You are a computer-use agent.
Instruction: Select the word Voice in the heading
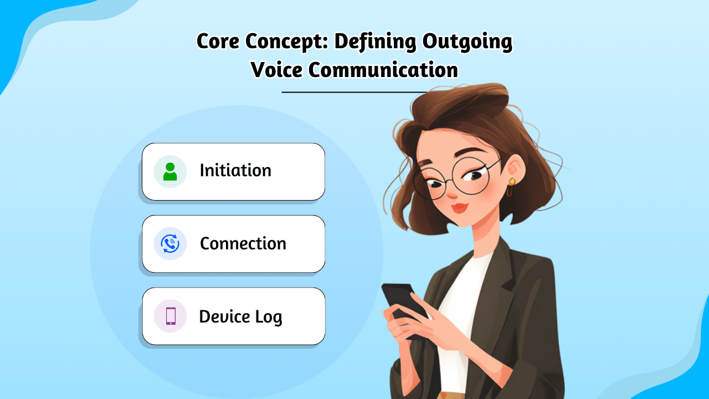click(x=275, y=70)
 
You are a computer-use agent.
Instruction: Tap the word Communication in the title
click(x=383, y=70)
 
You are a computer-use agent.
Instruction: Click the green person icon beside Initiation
click(x=170, y=171)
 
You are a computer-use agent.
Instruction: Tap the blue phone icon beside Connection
click(x=170, y=244)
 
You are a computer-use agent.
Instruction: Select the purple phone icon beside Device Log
click(x=170, y=316)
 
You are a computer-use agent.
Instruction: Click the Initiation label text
click(x=235, y=171)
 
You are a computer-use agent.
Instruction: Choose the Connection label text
click(x=243, y=243)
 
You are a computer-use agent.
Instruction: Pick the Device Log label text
click(x=240, y=316)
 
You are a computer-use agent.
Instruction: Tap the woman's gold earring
click(x=511, y=182)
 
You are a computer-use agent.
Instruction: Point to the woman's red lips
click(x=459, y=208)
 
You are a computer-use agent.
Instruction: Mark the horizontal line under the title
click(x=354, y=92)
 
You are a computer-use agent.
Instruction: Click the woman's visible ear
click(x=514, y=169)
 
